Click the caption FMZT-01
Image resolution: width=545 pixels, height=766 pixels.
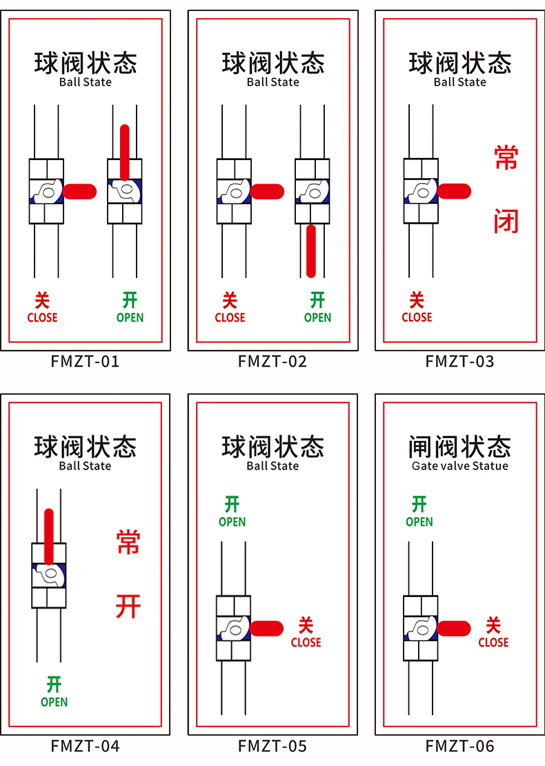pos(85,362)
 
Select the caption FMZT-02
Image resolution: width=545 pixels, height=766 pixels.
pos(272,362)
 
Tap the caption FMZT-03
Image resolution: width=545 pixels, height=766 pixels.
pos(459,362)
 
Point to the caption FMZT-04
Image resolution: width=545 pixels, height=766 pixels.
pos(85,746)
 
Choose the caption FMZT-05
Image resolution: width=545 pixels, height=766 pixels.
pos(272,746)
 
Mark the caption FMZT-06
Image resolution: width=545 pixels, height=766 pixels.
pos(459,746)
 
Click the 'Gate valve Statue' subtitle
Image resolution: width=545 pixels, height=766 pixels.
pos(459,466)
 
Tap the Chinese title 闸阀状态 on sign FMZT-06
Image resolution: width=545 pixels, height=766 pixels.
pos(459,446)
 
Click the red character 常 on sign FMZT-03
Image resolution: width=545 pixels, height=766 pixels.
pos(506,158)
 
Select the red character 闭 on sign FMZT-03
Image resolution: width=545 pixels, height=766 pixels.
pos(506,222)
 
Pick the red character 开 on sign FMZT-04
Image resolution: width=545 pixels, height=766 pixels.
pos(128,607)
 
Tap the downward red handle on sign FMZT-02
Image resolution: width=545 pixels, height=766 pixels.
pos(311,251)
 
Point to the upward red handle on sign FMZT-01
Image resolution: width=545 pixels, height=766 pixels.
pos(125,152)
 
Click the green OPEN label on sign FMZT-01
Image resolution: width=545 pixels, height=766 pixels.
pos(130,317)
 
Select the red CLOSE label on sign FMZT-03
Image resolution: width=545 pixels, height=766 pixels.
pos(417,317)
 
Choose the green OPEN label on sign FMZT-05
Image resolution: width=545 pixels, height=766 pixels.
pos(232,522)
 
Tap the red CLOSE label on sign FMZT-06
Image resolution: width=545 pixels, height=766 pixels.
pos(493,642)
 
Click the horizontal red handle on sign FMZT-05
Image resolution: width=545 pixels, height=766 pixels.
pos(267,628)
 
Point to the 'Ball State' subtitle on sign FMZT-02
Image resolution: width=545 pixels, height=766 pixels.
pos(272,82)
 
